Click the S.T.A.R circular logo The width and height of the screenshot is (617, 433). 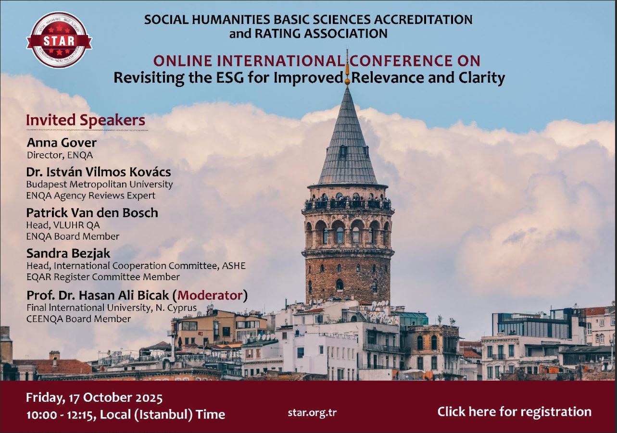tap(59, 40)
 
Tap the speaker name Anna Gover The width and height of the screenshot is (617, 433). tap(62, 143)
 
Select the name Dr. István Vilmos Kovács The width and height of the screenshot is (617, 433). tap(98, 172)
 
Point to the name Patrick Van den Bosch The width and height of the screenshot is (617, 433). tap(92, 212)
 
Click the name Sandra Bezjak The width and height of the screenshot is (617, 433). tap(68, 253)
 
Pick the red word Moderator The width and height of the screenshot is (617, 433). tap(210, 296)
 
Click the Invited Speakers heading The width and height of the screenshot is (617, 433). tap(86, 121)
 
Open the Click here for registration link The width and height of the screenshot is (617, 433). tap(514, 412)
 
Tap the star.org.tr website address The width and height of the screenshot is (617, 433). tap(312, 413)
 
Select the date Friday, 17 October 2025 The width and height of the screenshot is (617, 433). tap(94, 398)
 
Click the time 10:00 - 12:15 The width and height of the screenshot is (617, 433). tap(61, 415)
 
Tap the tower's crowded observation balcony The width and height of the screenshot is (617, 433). tap(348, 204)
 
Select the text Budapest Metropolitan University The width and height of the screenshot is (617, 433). tap(100, 184)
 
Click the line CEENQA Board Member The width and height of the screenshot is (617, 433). tap(78, 319)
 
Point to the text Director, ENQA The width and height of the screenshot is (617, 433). tap(60, 155)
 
